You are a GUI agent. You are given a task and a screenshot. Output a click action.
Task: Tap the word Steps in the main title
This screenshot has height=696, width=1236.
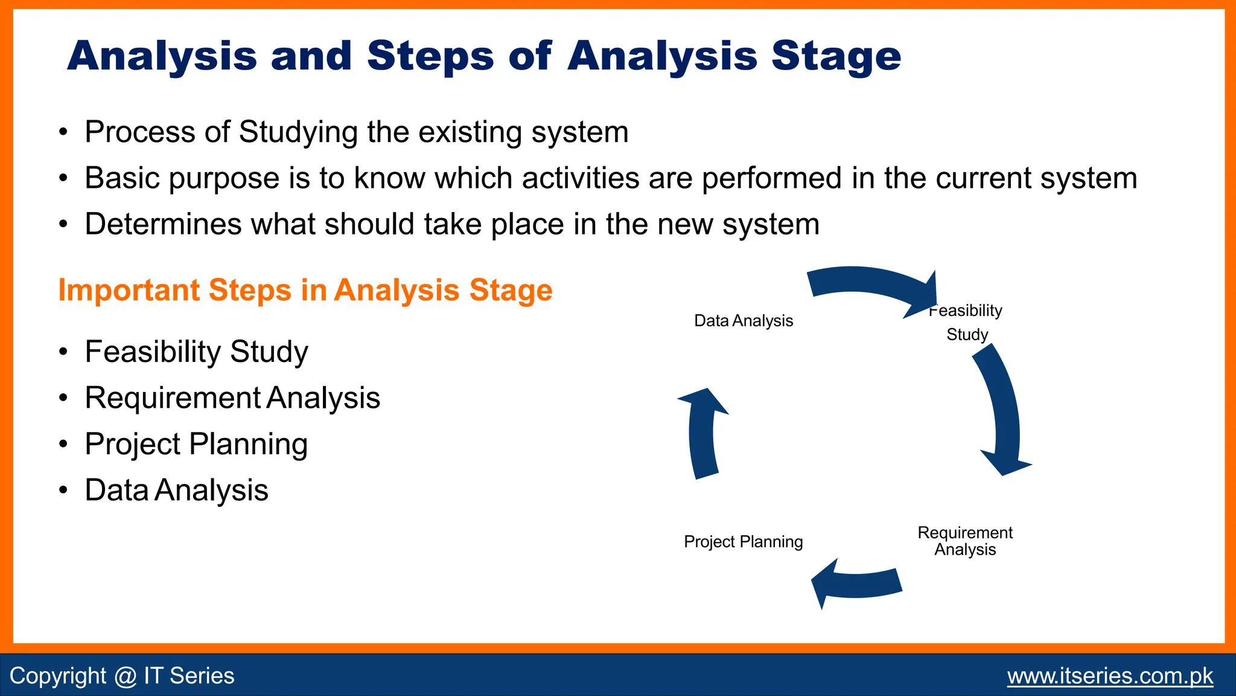(x=430, y=56)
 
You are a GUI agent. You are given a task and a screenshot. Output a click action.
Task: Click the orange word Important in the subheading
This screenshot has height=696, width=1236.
(x=129, y=290)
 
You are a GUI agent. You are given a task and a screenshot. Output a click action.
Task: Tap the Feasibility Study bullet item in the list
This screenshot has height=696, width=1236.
(x=196, y=352)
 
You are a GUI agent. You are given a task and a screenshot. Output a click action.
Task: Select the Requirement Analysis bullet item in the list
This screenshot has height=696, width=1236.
(x=232, y=398)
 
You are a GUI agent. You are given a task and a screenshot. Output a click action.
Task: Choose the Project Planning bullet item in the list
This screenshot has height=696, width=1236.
(x=196, y=444)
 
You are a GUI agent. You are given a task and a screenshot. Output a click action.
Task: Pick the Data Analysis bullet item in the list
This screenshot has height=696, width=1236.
(x=176, y=490)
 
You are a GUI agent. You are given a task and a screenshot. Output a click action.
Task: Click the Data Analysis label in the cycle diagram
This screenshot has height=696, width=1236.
(x=743, y=321)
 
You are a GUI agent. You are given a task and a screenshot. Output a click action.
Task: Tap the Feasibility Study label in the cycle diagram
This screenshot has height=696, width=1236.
(x=966, y=322)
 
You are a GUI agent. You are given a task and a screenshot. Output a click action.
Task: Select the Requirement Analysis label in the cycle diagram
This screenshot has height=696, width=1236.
(x=964, y=541)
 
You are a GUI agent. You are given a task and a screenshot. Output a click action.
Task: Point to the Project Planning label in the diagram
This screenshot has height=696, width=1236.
(x=743, y=541)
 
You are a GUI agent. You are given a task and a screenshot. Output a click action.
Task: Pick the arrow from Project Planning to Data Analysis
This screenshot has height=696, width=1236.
(x=702, y=435)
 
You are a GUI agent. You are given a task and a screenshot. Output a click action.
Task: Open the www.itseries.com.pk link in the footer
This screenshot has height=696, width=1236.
(x=1109, y=675)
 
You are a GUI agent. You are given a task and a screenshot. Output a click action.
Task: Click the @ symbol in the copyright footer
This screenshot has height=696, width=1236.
(x=125, y=676)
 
